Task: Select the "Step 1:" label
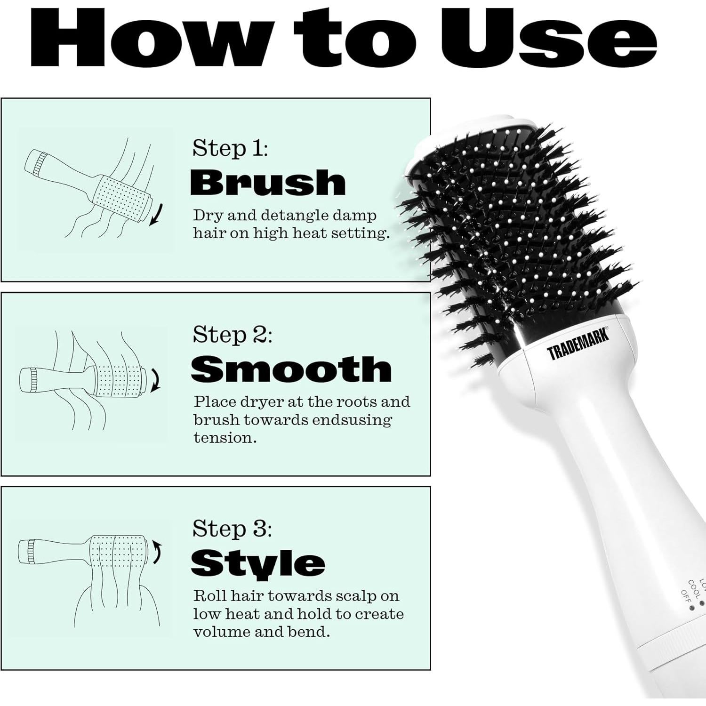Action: [230, 148]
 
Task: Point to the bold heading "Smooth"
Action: [291, 369]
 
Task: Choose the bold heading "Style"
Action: [257, 563]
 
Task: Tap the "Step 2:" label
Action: [232, 335]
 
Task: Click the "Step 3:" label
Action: [232, 529]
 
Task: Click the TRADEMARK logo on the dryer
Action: [578, 345]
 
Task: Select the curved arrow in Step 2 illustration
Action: [156, 380]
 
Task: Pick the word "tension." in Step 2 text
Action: [225, 438]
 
